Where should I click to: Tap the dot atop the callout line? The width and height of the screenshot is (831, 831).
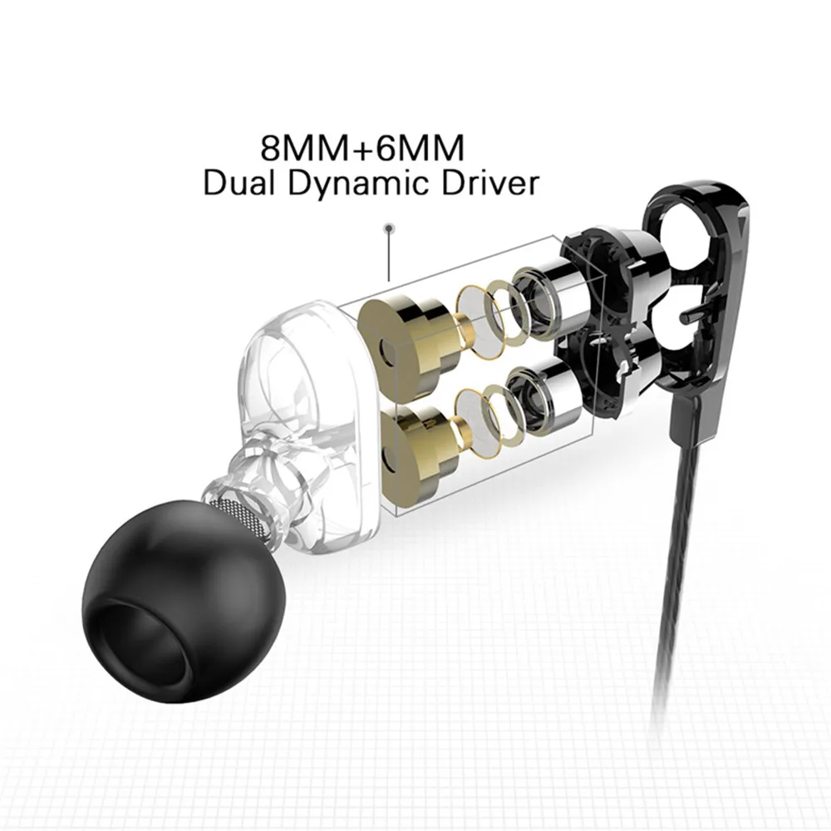coord(387,226)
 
